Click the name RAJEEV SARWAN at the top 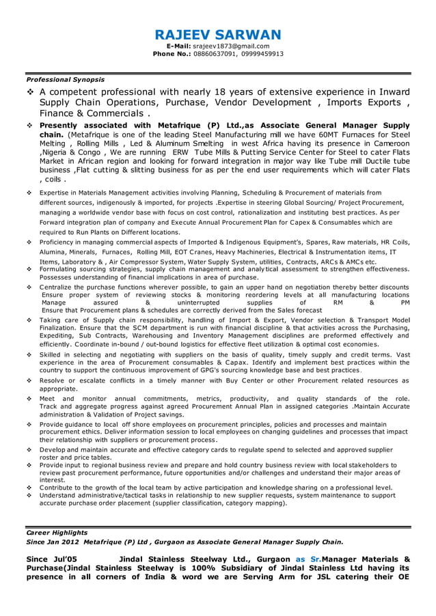(x=218, y=34)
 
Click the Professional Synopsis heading (x=65, y=80)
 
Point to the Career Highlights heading (x=57, y=532)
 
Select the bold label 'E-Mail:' (x=180, y=46)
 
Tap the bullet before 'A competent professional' (x=30, y=92)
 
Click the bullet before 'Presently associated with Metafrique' (x=30, y=126)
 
